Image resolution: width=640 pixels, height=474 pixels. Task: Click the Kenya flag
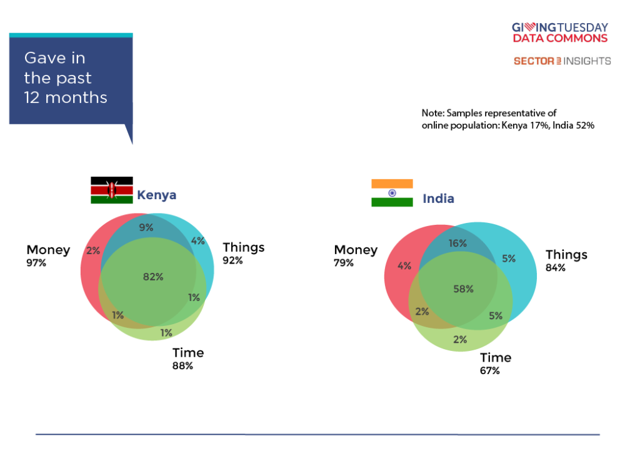[111, 190]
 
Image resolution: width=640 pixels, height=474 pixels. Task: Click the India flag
[392, 193]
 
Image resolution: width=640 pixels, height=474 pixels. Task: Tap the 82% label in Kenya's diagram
[153, 277]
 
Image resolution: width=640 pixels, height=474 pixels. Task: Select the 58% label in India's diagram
[463, 289]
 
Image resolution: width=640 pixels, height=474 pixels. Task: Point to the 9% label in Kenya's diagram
[146, 227]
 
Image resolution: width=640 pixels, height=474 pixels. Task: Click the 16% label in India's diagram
[457, 244]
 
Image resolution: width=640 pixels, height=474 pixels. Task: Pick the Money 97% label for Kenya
[48, 256]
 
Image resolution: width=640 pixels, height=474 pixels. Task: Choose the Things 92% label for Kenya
[243, 254]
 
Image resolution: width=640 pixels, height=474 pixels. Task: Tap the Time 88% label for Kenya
[187, 358]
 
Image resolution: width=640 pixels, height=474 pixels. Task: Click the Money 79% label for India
[356, 256]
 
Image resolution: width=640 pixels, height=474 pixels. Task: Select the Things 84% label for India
[566, 260]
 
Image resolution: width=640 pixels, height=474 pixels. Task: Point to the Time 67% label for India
[496, 363]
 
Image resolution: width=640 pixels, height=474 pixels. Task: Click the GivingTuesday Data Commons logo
[560, 32]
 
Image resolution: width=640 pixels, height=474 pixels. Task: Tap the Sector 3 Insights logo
[562, 61]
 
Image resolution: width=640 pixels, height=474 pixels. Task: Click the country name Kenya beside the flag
[157, 195]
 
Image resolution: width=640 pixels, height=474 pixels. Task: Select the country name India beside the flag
[438, 199]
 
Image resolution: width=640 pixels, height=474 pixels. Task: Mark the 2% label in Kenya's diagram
[93, 250]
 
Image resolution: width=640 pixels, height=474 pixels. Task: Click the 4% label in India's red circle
[404, 266]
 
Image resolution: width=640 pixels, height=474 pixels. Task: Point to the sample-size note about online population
[507, 119]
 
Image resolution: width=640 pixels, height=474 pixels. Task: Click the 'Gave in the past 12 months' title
[66, 78]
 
